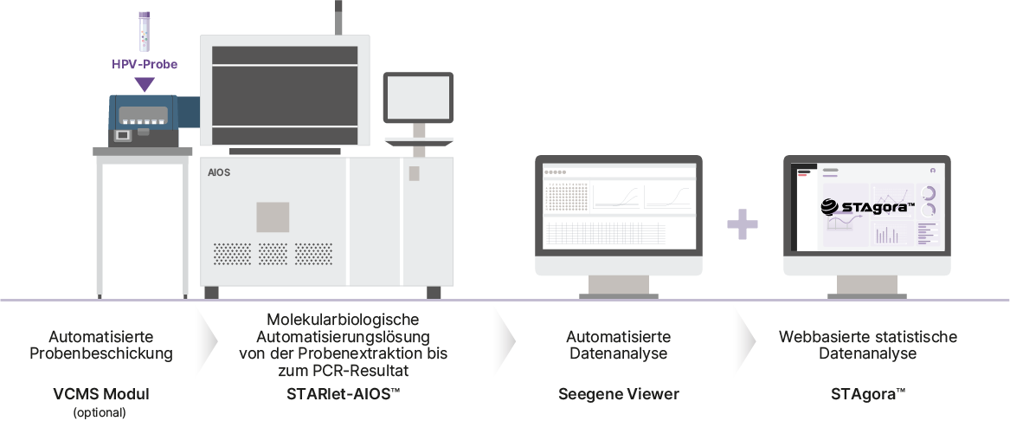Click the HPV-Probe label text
(x=145, y=64)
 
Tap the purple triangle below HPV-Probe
(x=145, y=84)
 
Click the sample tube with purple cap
(x=145, y=29)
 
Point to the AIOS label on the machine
(x=219, y=172)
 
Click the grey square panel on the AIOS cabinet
(x=272, y=217)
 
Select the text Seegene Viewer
(x=619, y=394)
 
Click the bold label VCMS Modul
(x=101, y=394)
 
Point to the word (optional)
(x=100, y=412)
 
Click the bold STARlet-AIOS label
(x=344, y=394)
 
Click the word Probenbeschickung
(x=101, y=353)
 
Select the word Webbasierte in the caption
(x=815, y=336)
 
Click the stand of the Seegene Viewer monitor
(x=619, y=287)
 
